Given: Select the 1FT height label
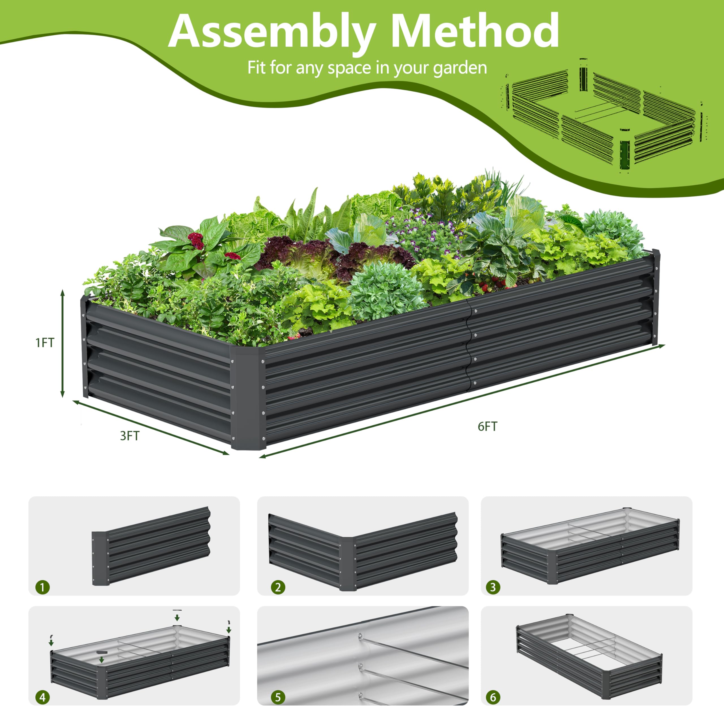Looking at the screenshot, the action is (45, 342).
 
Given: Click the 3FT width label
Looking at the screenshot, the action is (130, 436).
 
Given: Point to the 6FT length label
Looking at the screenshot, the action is (487, 426).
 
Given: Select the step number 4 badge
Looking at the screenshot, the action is (42, 697).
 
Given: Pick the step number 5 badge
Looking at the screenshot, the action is (278, 697).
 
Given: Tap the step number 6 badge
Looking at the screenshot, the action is (493, 697).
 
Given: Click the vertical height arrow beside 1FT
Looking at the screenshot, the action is (63, 343).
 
